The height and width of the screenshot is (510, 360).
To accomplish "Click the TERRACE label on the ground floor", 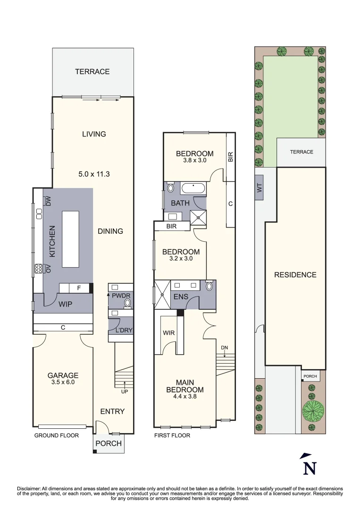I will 92,72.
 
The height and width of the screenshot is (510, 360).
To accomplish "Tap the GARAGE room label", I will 63,375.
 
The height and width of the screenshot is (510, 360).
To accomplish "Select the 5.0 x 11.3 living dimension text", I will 94,174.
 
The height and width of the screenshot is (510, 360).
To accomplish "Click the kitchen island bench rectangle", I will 70,239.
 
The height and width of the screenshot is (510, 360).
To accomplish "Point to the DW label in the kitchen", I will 48,202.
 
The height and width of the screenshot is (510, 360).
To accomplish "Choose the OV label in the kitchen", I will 48,269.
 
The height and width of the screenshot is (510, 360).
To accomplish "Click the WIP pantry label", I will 66,305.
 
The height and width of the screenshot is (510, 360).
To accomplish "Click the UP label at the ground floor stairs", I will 125,391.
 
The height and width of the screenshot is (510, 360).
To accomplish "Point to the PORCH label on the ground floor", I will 109,443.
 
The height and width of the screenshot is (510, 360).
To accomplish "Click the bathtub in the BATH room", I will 193,189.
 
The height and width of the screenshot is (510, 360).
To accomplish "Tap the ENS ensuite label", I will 181,297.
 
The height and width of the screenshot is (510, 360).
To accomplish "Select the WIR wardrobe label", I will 169,333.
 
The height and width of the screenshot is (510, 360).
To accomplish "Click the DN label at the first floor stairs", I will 225,348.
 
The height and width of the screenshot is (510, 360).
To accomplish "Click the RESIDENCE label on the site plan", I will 295,275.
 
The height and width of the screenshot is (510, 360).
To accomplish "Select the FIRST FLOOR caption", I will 172,435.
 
